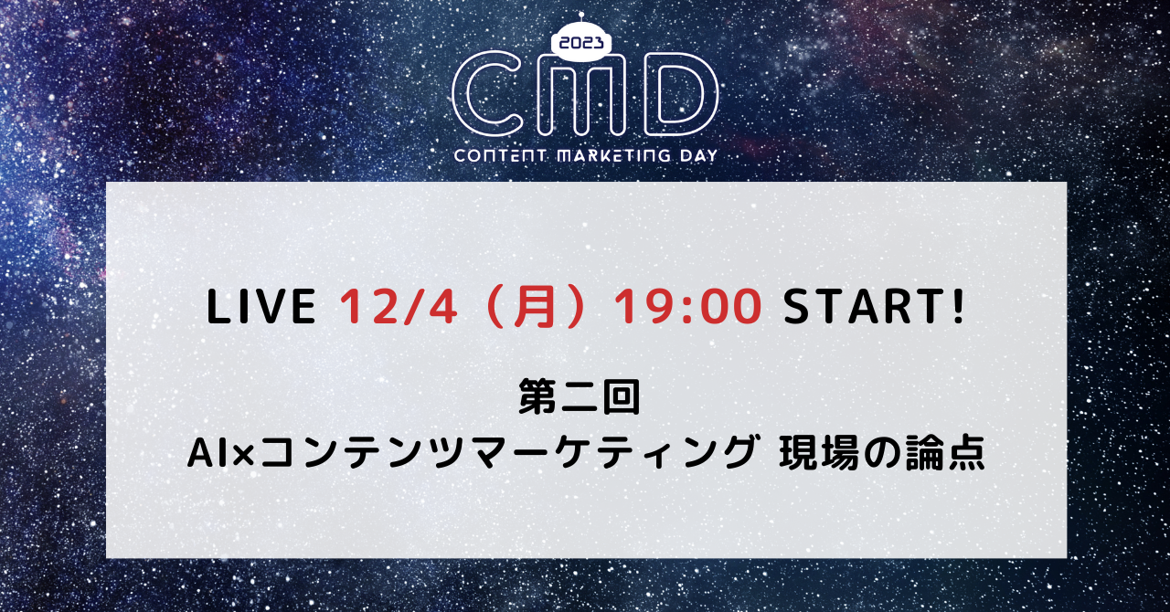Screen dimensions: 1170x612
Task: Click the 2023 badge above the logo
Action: click(581, 43)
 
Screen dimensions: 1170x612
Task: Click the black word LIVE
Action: click(261, 307)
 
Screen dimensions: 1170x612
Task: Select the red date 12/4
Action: click(399, 307)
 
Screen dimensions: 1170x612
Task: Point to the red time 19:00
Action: click(687, 307)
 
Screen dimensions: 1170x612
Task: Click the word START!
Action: click(873, 307)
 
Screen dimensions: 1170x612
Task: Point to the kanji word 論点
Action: click(944, 453)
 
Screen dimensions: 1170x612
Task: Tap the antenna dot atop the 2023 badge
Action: click(581, 15)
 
